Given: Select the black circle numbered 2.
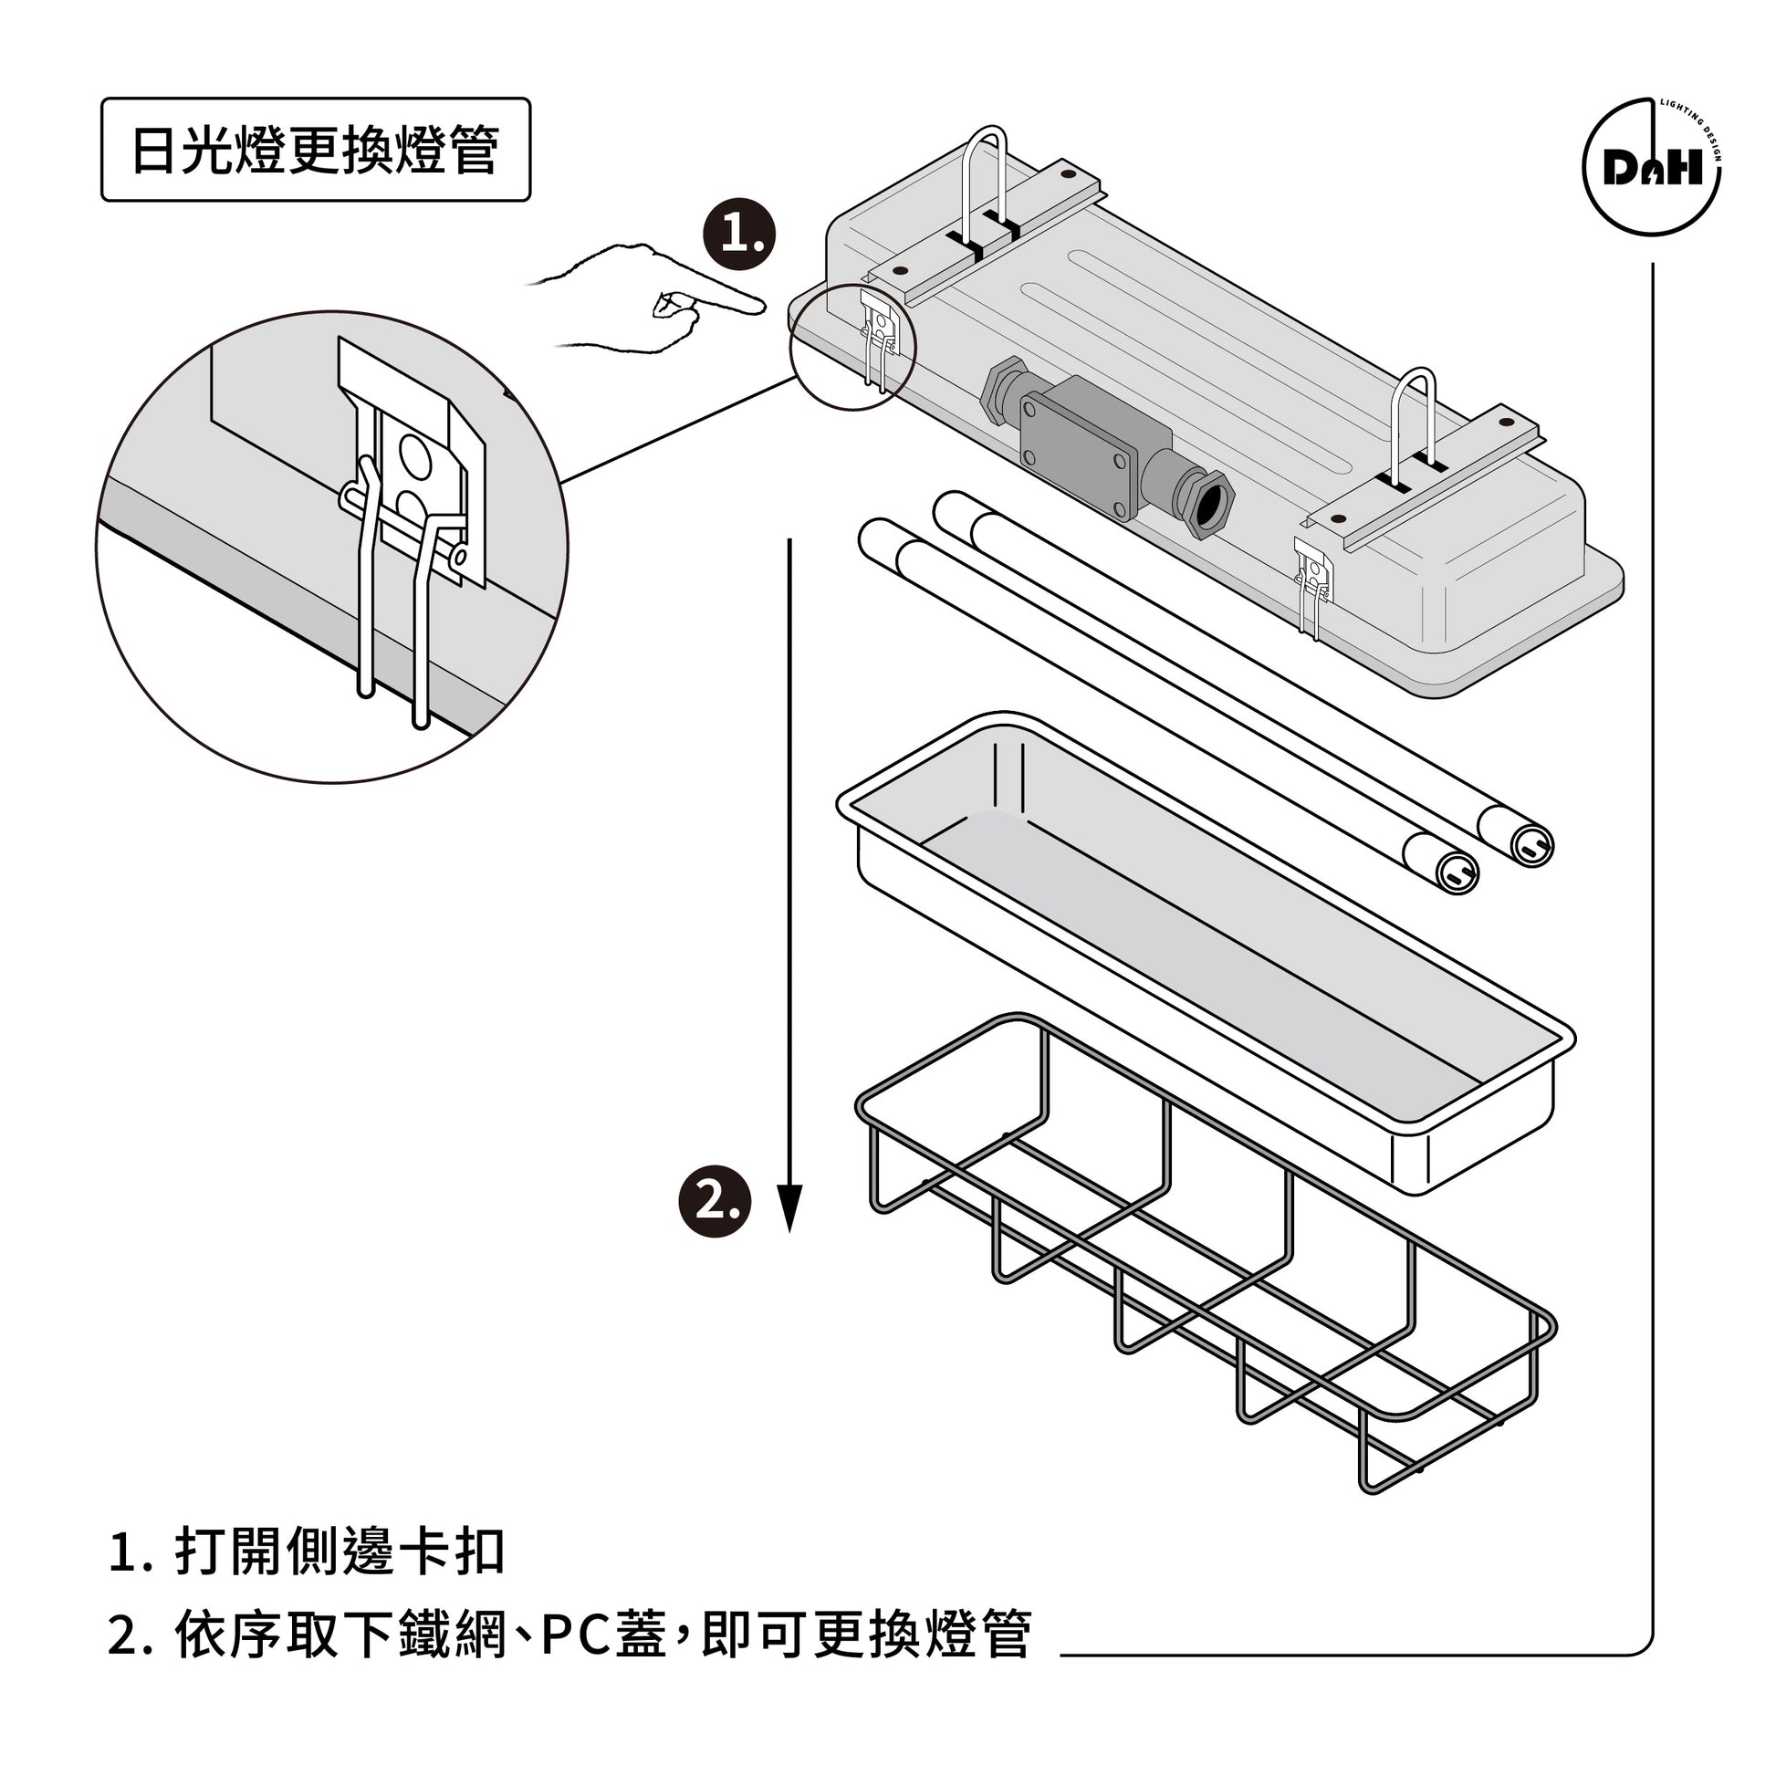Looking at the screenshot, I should (x=715, y=1201).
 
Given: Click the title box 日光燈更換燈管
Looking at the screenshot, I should (x=315, y=150).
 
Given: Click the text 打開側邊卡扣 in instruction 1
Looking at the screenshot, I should (x=340, y=1551).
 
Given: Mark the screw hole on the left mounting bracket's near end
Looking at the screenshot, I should (x=899, y=272).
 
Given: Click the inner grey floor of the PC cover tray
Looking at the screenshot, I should (x=1195, y=966).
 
